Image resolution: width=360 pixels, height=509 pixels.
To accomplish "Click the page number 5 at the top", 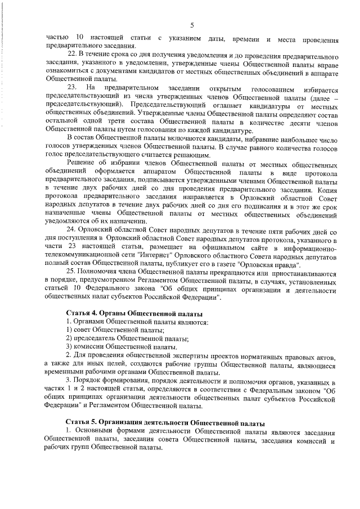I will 192,25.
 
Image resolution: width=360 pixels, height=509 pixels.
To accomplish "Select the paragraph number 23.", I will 73,88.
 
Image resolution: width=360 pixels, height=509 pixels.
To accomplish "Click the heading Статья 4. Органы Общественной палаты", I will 134,313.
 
